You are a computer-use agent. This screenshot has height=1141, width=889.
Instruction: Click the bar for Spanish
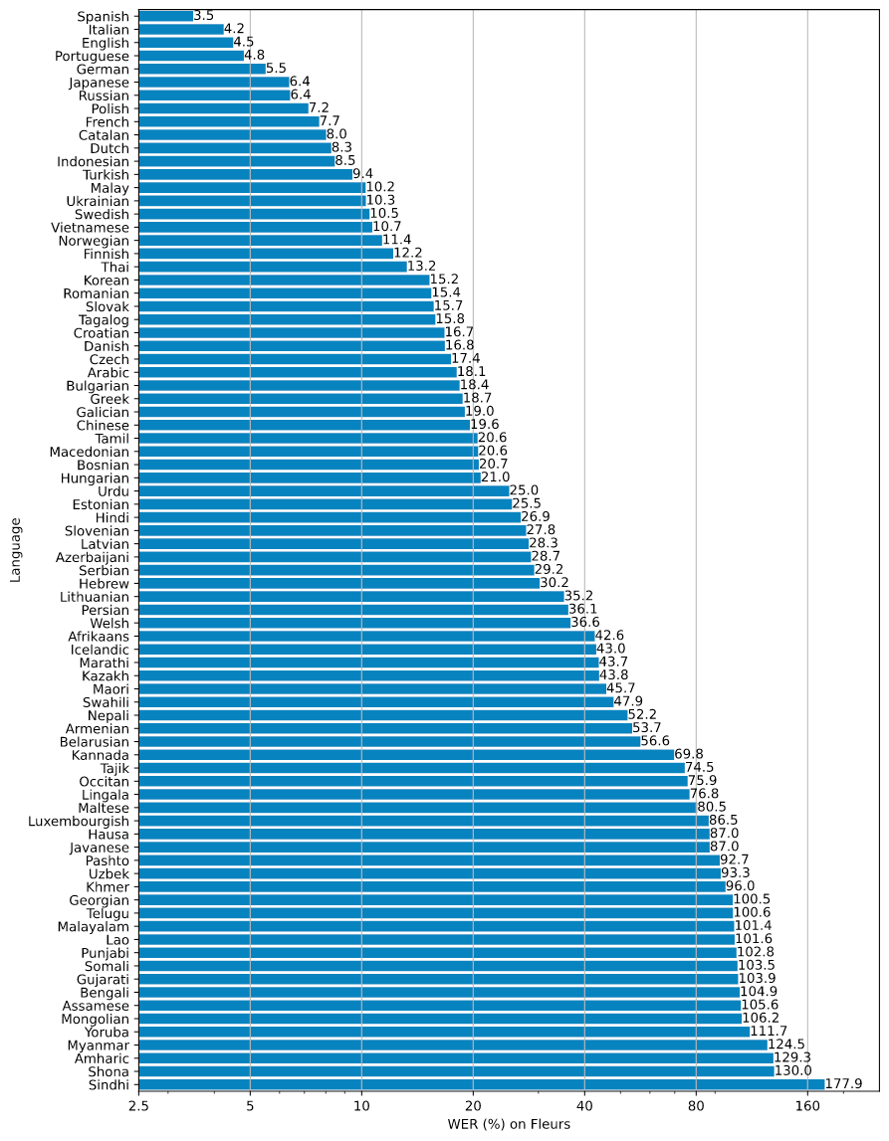coord(165,16)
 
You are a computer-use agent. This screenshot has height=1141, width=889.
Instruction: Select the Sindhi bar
coord(481,1084)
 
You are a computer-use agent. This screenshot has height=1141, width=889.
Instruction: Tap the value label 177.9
coord(844,1084)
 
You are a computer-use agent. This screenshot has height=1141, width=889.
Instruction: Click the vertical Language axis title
coord(16,549)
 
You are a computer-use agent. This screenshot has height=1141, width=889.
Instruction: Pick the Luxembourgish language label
coord(79,821)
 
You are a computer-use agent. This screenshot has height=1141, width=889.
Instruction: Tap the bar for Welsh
coord(354,623)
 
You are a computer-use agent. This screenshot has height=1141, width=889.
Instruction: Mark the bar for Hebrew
coord(338,583)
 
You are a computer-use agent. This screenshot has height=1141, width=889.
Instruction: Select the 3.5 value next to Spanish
coord(205,16)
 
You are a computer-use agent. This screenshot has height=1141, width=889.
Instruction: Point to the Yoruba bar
coord(444,1032)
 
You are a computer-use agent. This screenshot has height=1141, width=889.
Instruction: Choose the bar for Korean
coord(284,280)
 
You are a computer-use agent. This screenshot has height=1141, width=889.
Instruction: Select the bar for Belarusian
coord(389,741)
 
